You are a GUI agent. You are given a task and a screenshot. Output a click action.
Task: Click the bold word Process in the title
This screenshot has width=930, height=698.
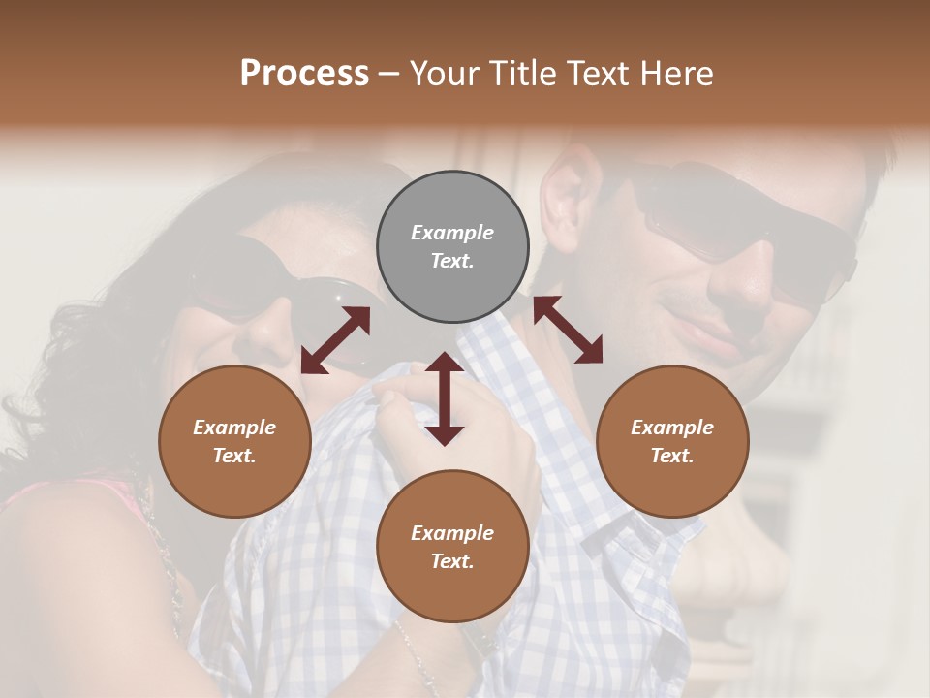pos(304,74)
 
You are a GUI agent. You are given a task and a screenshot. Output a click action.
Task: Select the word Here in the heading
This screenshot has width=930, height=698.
pos(675,74)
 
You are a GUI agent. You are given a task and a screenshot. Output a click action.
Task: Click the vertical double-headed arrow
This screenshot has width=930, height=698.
pos(445,398)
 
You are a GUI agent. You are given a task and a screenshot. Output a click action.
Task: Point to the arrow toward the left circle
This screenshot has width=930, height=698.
pos(335,340)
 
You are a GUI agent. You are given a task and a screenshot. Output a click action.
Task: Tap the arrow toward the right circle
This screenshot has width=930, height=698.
pos(568,330)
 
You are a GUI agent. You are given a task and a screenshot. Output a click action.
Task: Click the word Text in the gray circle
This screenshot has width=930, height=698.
pos(452,261)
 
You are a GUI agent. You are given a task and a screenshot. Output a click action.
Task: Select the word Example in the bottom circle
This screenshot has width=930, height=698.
pos(452,533)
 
